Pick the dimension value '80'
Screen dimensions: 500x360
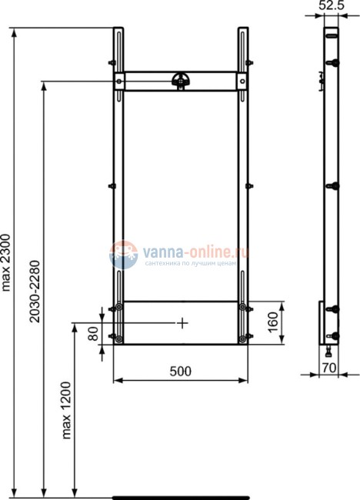(93, 332)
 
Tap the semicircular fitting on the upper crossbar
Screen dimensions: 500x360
(182, 78)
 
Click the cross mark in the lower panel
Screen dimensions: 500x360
(181, 323)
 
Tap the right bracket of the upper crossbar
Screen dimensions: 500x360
(242, 81)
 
